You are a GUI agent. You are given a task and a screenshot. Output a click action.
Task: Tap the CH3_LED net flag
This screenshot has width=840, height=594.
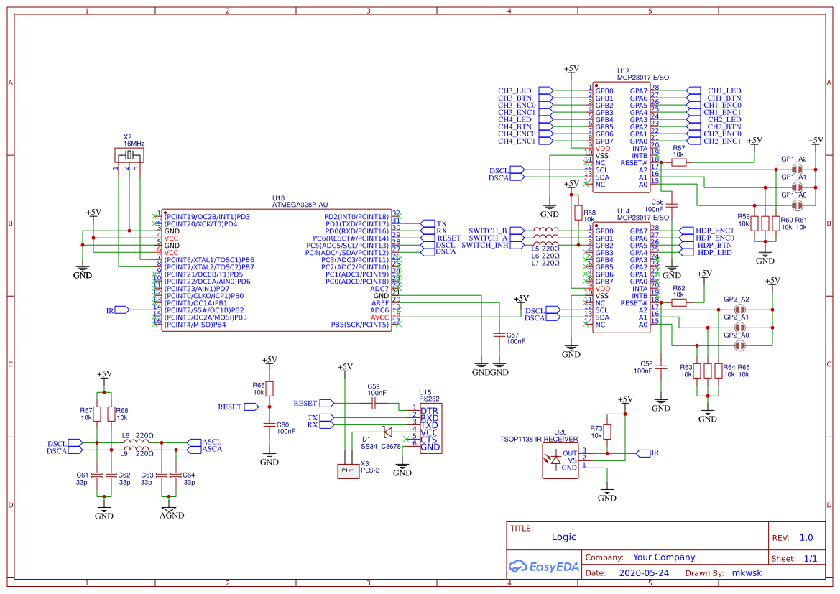(545, 91)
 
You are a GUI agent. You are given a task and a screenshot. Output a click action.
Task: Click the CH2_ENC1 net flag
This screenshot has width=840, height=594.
(693, 141)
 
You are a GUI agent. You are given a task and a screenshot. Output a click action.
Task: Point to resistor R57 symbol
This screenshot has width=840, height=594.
(678, 162)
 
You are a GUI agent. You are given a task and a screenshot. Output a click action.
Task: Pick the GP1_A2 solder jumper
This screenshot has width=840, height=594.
(796, 170)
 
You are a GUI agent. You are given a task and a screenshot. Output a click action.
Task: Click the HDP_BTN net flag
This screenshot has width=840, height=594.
(686, 246)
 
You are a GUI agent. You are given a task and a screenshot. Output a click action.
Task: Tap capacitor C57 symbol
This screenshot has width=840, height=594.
(499, 335)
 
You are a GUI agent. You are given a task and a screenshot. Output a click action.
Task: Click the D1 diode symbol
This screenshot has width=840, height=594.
(387, 432)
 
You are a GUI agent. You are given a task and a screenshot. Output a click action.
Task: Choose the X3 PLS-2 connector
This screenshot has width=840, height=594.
(348, 471)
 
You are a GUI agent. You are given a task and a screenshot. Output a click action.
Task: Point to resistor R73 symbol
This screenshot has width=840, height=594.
(607, 431)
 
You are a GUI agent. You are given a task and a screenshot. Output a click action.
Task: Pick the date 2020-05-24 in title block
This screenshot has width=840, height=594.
(643, 573)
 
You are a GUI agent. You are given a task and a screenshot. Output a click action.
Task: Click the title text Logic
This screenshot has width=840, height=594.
(563, 537)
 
